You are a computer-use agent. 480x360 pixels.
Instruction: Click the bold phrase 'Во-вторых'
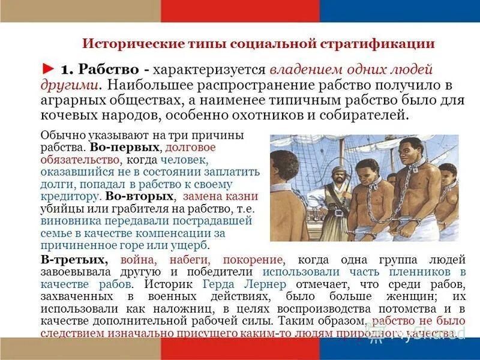click(140, 196)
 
